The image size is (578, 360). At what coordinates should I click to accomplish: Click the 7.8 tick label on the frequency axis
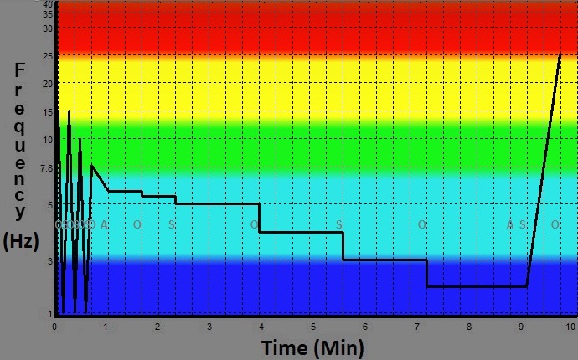coord(45,168)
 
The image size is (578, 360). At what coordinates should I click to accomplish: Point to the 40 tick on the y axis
coord(48,5)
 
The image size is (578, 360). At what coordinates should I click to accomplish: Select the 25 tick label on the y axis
coord(48,56)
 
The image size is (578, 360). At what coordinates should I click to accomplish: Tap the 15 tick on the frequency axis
coord(48,111)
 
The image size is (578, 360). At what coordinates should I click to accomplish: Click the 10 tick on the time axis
coord(571,326)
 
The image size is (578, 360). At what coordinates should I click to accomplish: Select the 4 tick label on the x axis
coord(261,326)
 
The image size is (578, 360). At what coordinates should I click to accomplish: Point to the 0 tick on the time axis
coord(54,326)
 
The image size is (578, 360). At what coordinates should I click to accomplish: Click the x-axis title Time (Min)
coord(312,347)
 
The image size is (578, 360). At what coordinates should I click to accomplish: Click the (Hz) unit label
coord(22,241)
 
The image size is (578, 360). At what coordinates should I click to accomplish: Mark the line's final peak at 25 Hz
coord(560,55)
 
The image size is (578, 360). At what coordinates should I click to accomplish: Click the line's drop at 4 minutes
coord(260,218)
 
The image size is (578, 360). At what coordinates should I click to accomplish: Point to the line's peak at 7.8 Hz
coord(92,166)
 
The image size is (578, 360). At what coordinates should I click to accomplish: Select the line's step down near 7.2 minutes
coord(427,274)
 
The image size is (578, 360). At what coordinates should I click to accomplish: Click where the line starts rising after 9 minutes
coord(527,286)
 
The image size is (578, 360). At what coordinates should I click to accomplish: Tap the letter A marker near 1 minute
coord(104,224)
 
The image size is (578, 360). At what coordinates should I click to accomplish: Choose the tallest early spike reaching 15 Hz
coord(69,111)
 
